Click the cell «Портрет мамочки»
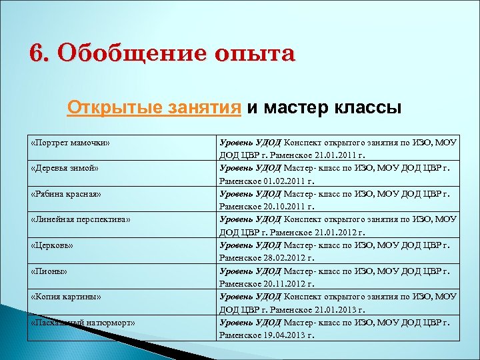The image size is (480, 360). coord(70,143)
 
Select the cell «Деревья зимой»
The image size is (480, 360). coord(65,168)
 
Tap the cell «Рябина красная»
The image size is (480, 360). coord(67,193)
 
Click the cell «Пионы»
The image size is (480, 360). coord(50,271)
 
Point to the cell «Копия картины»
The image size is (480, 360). coord(66,296)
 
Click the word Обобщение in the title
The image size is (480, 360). coord(128,54)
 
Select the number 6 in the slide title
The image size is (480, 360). coord(36,53)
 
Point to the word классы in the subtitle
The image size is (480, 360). coord(365,107)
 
